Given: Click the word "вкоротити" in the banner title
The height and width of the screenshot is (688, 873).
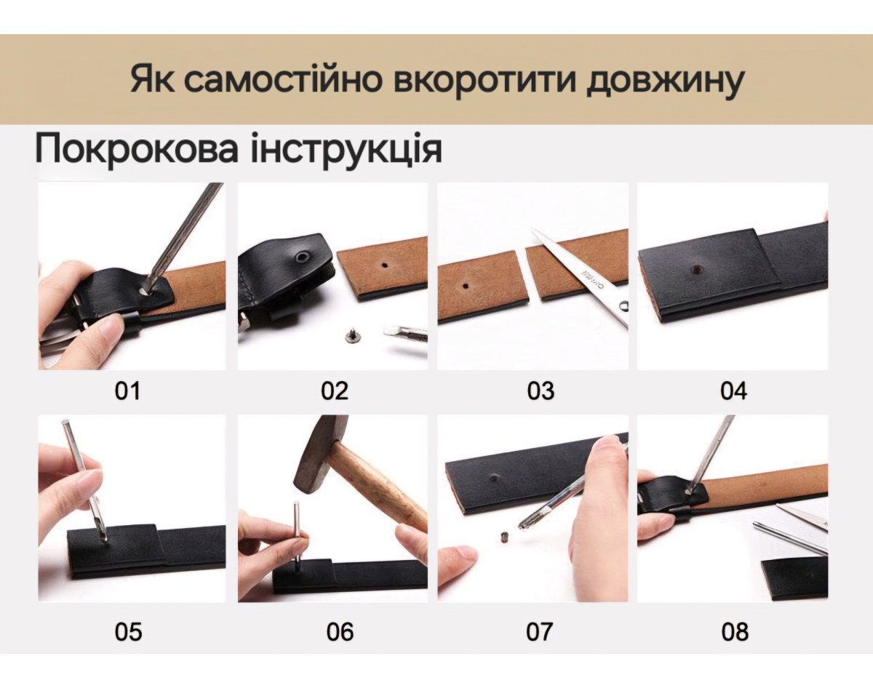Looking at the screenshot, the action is click(x=485, y=79).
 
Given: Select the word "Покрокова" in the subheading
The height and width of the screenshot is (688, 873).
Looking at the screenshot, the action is click(x=136, y=149).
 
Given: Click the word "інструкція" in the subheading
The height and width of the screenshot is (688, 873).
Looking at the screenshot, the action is click(x=346, y=149).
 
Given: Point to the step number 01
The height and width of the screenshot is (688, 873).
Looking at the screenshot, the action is click(x=127, y=391).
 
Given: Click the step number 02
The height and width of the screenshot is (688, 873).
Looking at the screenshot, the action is click(x=334, y=391).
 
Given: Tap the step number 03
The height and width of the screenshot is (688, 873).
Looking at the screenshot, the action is click(x=541, y=391).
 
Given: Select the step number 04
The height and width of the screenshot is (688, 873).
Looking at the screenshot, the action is click(x=733, y=391).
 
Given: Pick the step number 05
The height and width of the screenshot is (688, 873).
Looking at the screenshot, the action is click(x=128, y=631).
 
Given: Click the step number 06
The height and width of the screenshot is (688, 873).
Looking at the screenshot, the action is click(x=340, y=631).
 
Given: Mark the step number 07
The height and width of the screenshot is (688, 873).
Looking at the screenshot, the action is click(x=539, y=631).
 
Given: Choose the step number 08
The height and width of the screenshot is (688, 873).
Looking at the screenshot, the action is click(x=735, y=631).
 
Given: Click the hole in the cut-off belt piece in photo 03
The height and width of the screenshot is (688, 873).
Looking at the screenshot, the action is click(x=466, y=286).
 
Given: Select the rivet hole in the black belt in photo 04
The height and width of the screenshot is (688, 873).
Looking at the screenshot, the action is click(x=697, y=268).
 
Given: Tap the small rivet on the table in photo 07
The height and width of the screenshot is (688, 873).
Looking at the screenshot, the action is click(x=505, y=537).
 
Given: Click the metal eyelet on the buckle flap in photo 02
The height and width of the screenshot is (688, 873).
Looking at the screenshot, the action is click(x=302, y=257).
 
